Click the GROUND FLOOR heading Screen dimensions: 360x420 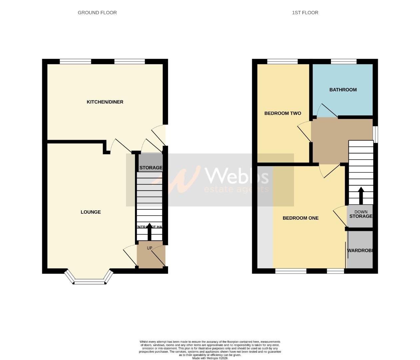pos(97,13)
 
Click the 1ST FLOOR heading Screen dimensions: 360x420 pos(305,13)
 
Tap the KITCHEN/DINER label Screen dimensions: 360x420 pos(105,102)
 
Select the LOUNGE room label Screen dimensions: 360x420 pos(91,212)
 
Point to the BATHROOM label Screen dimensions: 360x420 pos(343,90)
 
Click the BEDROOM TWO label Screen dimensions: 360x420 pos(283,113)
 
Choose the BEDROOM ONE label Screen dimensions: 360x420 pos(300,218)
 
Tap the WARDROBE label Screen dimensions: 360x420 pos(360,250)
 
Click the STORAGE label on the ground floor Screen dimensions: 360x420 pos(151,168)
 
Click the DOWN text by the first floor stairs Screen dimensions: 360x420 pos(361,212)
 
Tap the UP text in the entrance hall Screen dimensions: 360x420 pos(149,248)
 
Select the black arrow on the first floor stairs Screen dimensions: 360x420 pos(361,195)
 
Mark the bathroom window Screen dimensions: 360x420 pos(343,61)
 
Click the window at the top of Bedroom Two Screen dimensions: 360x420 pos(282,61)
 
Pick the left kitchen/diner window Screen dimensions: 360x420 pos(75,61)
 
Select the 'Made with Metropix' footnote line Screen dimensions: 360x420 pos(210,358)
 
